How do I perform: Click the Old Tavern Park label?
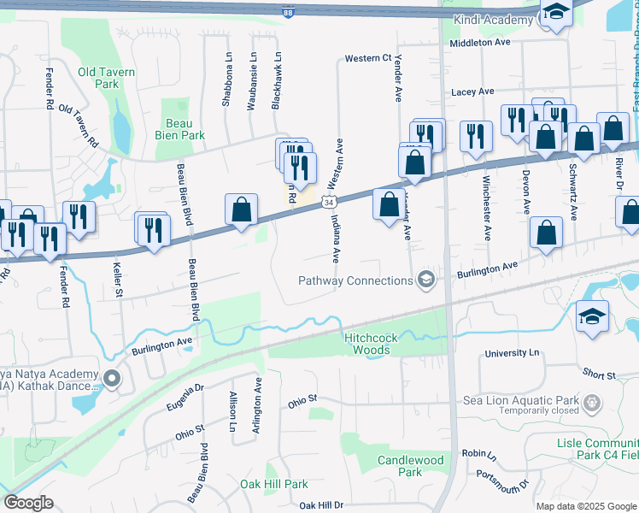pos(107,78)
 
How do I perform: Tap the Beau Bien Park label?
pos(180,129)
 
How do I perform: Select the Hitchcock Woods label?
pos(371,344)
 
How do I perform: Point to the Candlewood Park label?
pos(410,466)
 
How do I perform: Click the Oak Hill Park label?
pos(273,484)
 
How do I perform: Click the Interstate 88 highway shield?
pos(289,11)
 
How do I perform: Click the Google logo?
pos(29,503)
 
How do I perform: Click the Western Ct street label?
pos(367,59)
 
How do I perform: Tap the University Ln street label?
pos(513,353)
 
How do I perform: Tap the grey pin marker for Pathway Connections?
pos(425,280)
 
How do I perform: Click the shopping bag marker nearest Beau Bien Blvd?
pos(242,209)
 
